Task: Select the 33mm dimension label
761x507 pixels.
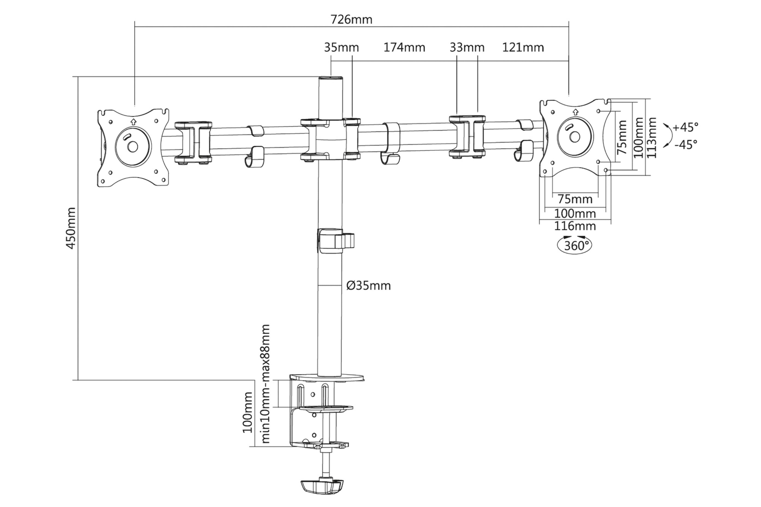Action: [467, 47]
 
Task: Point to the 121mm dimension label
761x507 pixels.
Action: [523, 47]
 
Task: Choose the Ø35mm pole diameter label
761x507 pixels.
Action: [368, 286]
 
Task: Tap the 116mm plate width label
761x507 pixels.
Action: [575, 226]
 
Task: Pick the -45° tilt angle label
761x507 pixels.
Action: [686, 144]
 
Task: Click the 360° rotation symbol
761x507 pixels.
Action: [574, 245]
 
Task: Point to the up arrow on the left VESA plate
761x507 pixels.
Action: [133, 122]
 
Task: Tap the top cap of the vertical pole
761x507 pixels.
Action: [331, 79]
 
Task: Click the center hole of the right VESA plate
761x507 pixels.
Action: [575, 137]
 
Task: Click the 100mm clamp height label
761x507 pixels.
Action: [247, 412]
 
